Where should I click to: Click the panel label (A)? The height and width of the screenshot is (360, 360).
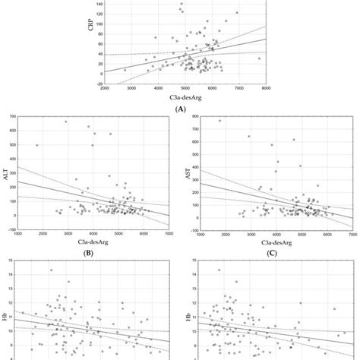tap(181, 109)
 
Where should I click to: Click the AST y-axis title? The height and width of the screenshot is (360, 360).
tap(189, 174)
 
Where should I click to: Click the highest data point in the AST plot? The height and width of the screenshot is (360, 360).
tap(220, 121)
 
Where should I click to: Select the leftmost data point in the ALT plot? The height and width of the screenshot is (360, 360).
tap(37, 145)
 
